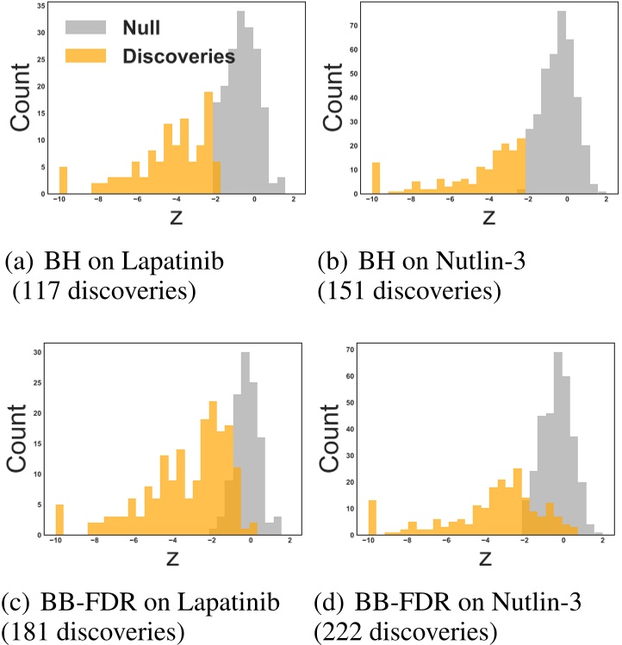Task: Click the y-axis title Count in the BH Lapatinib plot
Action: (x=23, y=99)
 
